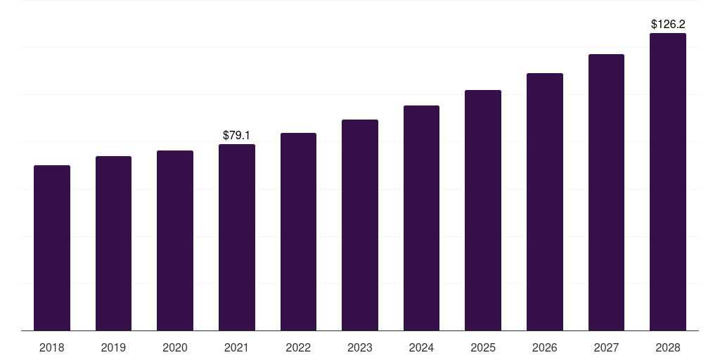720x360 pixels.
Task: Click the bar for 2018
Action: pos(52,247)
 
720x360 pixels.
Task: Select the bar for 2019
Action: pos(113,243)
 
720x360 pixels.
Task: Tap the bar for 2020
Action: pos(175,240)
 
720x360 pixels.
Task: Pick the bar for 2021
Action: pos(237,237)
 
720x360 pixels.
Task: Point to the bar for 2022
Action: pos(298,231)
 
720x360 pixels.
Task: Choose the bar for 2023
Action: pos(360,225)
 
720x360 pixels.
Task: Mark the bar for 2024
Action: pos(421,218)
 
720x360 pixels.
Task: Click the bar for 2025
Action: pos(483,210)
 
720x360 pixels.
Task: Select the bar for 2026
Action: pos(545,202)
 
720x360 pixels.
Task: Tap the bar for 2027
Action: pos(606,192)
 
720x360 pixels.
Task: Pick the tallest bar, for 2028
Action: pos(668,181)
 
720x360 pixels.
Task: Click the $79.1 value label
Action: pos(237,134)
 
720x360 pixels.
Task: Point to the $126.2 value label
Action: pos(668,24)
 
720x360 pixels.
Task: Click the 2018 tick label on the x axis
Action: pos(52,347)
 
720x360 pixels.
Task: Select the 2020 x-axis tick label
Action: pos(175,347)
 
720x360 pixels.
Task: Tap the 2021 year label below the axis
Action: pos(237,347)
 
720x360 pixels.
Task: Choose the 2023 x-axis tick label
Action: pos(360,347)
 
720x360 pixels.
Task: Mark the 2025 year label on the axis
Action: pos(483,347)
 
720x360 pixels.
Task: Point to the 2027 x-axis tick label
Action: pos(606,347)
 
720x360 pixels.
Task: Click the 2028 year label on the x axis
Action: pos(668,347)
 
